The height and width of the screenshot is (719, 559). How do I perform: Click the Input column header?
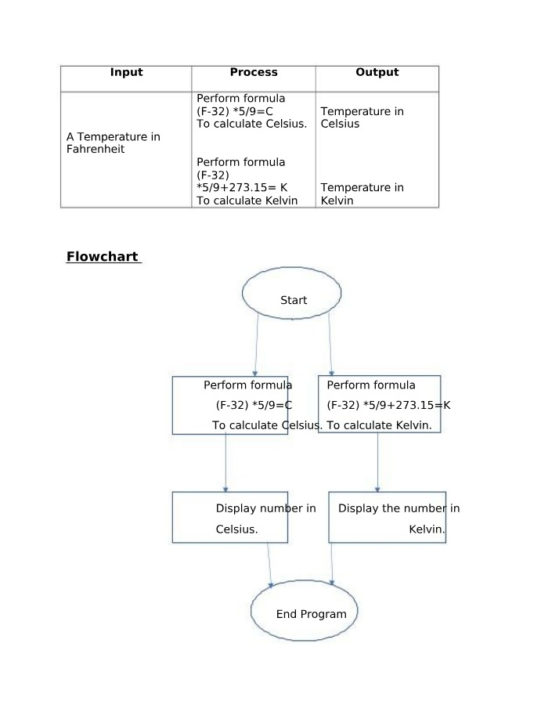127,72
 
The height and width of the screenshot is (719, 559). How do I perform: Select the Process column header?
254,72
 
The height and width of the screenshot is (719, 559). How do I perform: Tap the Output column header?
377,72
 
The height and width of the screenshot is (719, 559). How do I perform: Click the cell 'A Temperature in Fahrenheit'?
114,143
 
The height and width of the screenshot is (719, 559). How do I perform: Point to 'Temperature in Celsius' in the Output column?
362,117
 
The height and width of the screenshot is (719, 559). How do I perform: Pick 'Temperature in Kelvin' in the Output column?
362,194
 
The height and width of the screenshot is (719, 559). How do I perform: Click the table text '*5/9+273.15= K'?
241,187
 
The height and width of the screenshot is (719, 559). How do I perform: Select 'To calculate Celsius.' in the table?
251,124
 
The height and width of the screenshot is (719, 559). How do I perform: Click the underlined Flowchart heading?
103,256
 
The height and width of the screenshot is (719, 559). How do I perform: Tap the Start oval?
291,293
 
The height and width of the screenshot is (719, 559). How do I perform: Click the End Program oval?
305,610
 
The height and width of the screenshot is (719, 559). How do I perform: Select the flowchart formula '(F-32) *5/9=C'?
254,405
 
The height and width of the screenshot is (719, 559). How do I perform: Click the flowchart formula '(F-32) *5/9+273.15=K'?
388,405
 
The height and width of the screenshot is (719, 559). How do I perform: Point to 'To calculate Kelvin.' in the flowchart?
379,425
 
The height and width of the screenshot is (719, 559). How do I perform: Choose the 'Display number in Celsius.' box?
230,517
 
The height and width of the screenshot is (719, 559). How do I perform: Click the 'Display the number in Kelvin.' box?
388,517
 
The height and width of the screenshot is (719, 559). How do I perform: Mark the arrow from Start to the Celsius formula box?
257,345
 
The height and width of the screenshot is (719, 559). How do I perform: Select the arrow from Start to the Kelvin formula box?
330,345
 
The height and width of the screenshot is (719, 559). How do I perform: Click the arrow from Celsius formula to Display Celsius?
225,463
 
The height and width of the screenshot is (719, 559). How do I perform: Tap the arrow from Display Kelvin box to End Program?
331,564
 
